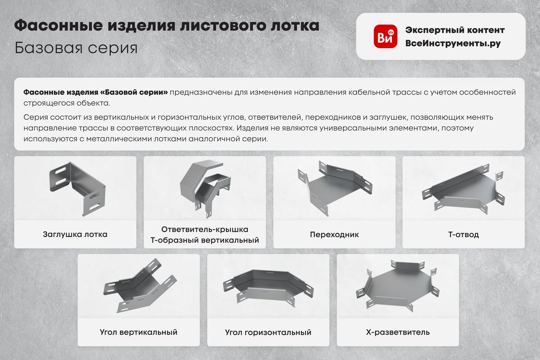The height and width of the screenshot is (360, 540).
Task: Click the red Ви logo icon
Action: (x=386, y=36)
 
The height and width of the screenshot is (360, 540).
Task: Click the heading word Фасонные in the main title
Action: (x=58, y=26)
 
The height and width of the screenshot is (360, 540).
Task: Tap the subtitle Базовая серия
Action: (x=76, y=48)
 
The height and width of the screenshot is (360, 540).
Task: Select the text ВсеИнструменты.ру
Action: (x=453, y=43)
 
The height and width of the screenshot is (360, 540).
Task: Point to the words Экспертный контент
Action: (x=455, y=30)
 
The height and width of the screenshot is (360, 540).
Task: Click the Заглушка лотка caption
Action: (x=75, y=234)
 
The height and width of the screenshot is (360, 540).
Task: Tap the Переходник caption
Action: (x=334, y=234)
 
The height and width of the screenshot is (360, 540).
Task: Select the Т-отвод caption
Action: (x=463, y=234)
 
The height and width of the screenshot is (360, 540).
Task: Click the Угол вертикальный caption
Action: (x=139, y=332)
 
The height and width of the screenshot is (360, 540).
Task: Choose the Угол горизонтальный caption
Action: (x=268, y=332)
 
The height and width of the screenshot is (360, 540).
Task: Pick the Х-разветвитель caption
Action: (x=398, y=332)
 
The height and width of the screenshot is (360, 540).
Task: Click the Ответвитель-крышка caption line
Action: (x=205, y=229)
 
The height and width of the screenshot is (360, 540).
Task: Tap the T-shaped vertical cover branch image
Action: (x=205, y=190)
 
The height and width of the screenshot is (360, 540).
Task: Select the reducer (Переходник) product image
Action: (x=335, y=188)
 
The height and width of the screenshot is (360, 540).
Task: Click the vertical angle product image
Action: (x=140, y=286)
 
